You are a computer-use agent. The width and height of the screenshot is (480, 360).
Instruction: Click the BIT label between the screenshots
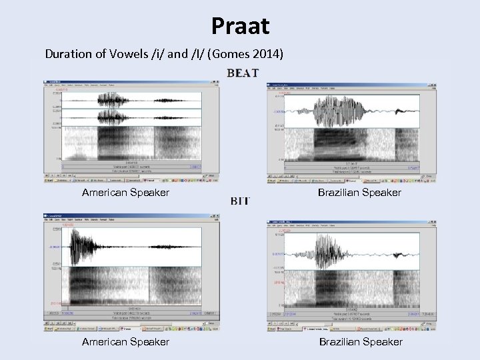pos(240,201)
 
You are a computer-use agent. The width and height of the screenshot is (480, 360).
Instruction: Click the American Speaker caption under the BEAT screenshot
pos(125,193)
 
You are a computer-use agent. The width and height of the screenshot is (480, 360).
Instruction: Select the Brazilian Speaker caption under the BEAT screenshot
pos(369,193)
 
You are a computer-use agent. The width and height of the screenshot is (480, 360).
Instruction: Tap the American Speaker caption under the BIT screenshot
pos(125,341)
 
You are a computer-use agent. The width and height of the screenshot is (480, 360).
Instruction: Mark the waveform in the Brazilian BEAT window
pos(353,111)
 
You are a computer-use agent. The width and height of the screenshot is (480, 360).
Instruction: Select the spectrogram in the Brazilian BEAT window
pos(353,147)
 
